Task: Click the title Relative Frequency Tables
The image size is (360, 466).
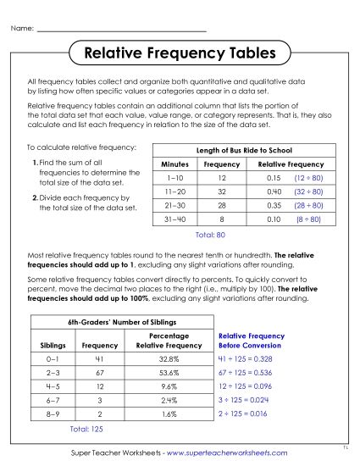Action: pyautogui.click(x=180, y=53)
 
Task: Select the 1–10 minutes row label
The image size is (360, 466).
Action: pyautogui.click(x=173, y=178)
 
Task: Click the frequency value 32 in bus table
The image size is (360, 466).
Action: pyautogui.click(x=222, y=191)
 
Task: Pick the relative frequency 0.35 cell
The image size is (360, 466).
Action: pyautogui.click(x=273, y=205)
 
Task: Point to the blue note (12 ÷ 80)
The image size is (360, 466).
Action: pyautogui.click(x=308, y=178)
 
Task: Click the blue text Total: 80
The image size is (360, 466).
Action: pyautogui.click(x=209, y=233)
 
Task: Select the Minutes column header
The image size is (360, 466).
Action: pyautogui.click(x=174, y=164)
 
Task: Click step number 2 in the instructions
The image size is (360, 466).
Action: pyautogui.click(x=34, y=197)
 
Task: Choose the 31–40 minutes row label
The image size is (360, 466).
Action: pyautogui.click(x=173, y=219)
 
